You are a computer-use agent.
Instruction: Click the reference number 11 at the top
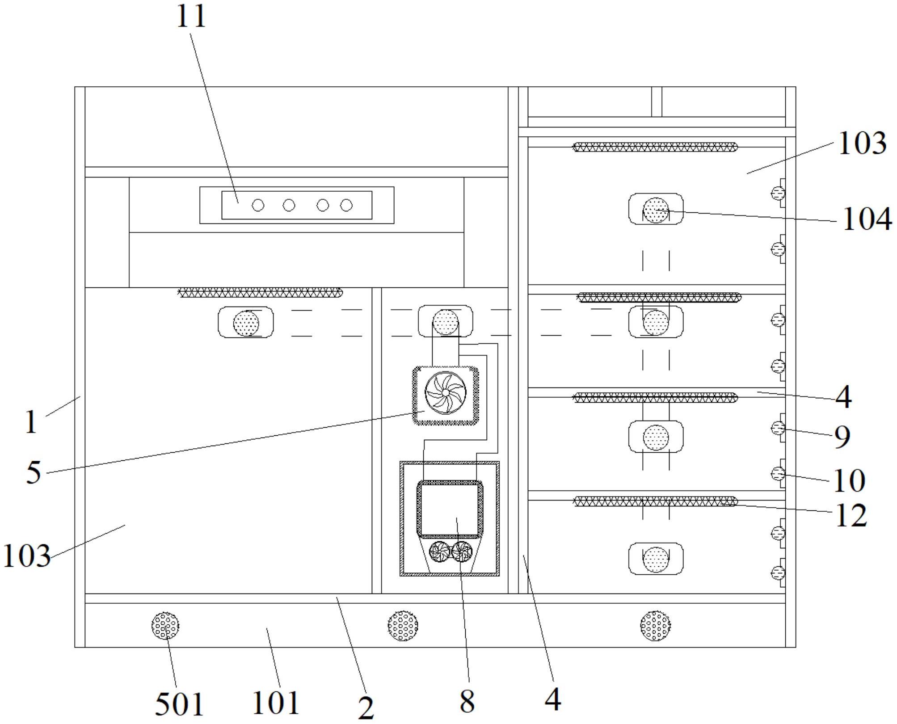click(191, 17)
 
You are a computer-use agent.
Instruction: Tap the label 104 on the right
click(866, 220)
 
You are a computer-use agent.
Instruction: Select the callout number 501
click(179, 704)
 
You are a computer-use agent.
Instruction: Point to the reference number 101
click(275, 703)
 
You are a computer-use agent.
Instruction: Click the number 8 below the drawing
click(467, 702)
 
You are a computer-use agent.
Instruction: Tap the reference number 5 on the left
click(34, 472)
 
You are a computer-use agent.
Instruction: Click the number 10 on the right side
click(849, 480)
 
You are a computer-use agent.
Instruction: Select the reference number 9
click(842, 437)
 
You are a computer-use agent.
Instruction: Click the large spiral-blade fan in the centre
click(446, 392)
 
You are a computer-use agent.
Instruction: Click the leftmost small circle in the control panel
click(258, 206)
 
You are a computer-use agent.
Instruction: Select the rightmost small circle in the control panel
click(346, 206)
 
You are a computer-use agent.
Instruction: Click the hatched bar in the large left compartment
click(260, 293)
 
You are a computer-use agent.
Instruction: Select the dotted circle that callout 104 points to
click(656, 210)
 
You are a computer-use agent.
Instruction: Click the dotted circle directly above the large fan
click(445, 322)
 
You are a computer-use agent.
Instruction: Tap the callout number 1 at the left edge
click(30, 422)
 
